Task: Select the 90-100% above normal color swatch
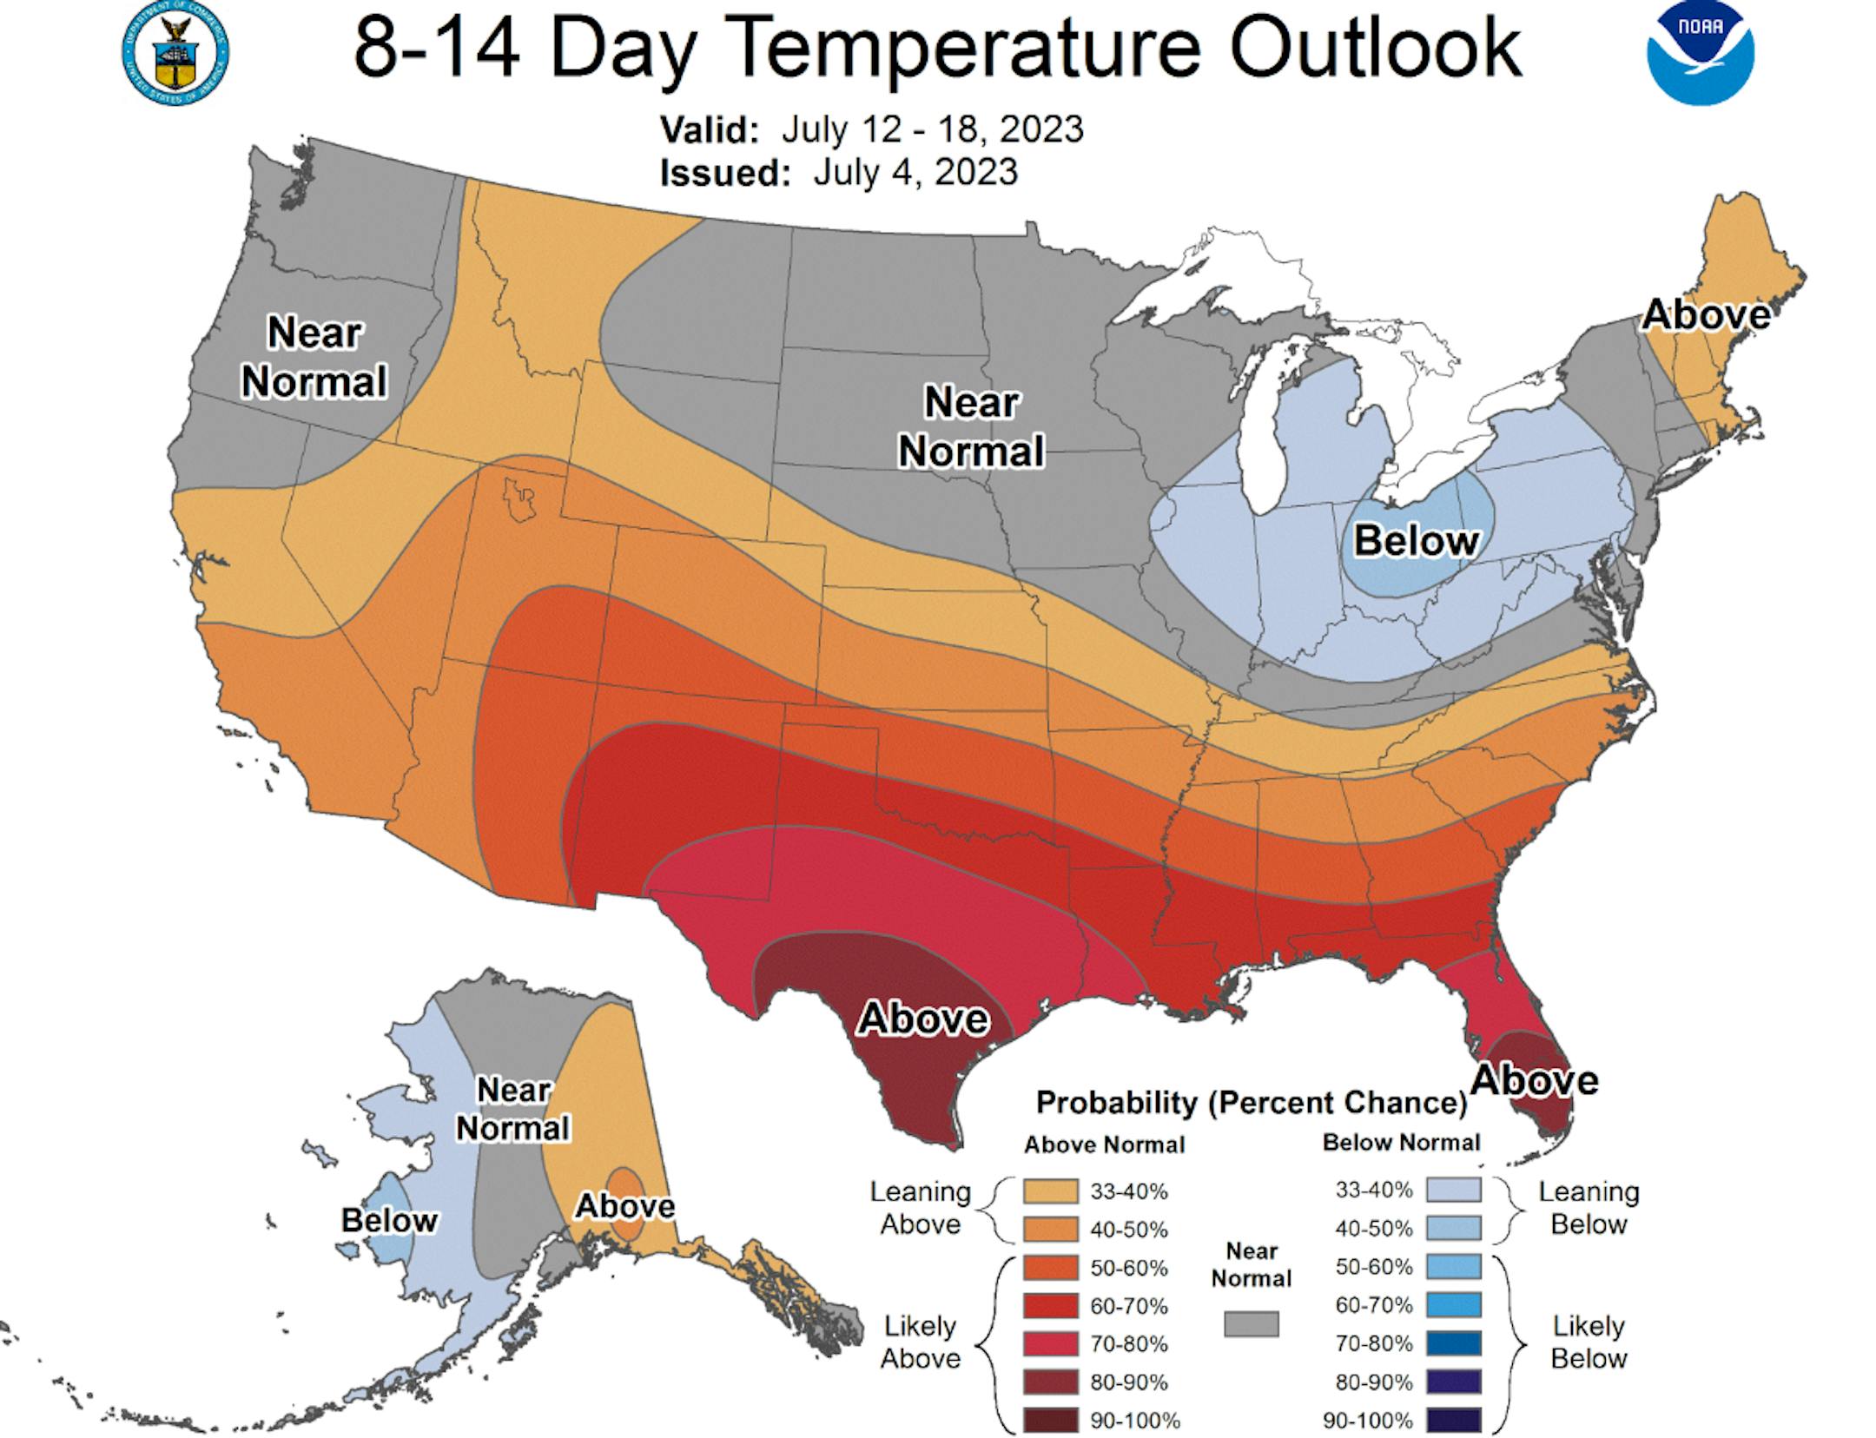point(1050,1420)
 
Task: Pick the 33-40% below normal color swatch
point(1453,1190)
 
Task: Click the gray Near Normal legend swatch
point(1251,1323)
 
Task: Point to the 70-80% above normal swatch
point(1050,1343)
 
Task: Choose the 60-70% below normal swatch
point(1453,1304)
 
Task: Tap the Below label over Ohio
point(1416,540)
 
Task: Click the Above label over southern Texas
point(922,1019)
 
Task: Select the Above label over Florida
point(1535,1080)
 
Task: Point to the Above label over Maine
point(1705,314)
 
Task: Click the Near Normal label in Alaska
point(513,1108)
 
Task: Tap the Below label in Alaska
point(389,1220)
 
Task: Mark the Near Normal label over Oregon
point(314,357)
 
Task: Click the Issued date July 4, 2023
point(915,172)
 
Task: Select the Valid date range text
point(932,129)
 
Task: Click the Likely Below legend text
point(1589,1342)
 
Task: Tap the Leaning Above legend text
point(920,1208)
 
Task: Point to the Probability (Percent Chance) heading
point(1251,1102)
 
